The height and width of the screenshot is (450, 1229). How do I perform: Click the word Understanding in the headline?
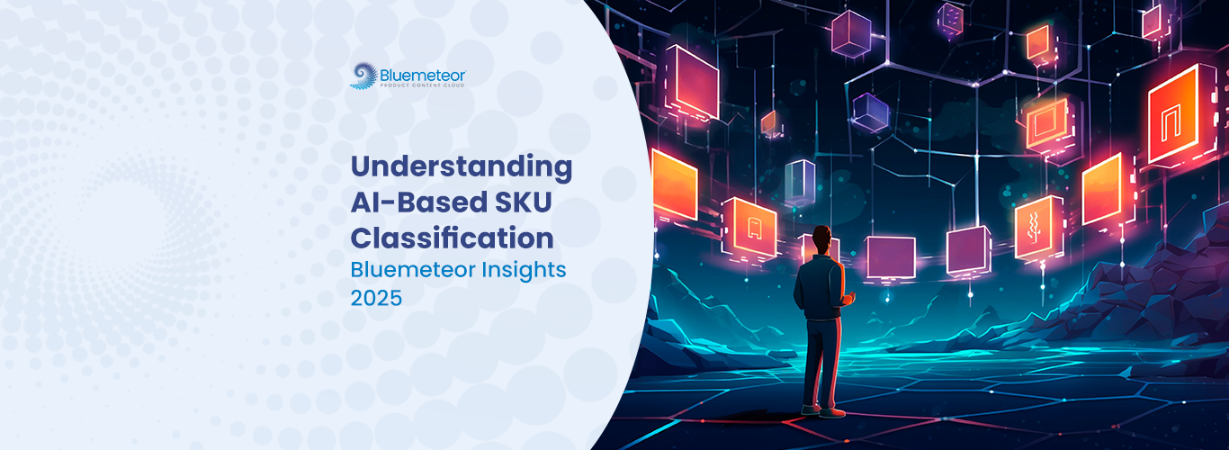click(x=462, y=166)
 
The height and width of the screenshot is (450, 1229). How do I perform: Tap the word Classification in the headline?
click(x=452, y=238)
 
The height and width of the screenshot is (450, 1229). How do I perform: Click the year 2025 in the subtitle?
click(x=376, y=299)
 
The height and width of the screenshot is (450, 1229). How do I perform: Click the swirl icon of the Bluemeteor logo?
click(x=363, y=76)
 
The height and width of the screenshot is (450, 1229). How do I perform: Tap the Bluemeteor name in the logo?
click(x=423, y=75)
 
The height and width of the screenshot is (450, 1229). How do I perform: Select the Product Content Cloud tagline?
click(x=423, y=85)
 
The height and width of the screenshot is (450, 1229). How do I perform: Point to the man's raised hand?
click(x=848, y=298)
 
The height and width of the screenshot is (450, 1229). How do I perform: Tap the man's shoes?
click(x=823, y=410)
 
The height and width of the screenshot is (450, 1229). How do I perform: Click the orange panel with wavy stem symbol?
click(x=1033, y=228)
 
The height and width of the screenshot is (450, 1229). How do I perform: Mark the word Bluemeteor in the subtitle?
click(x=413, y=270)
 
